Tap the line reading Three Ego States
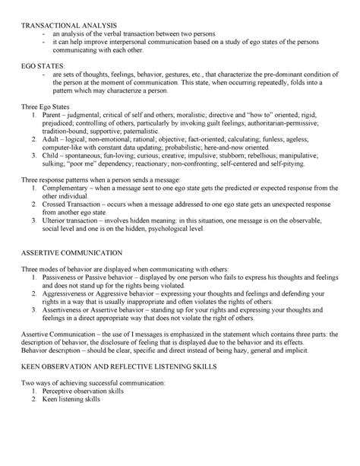49,108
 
